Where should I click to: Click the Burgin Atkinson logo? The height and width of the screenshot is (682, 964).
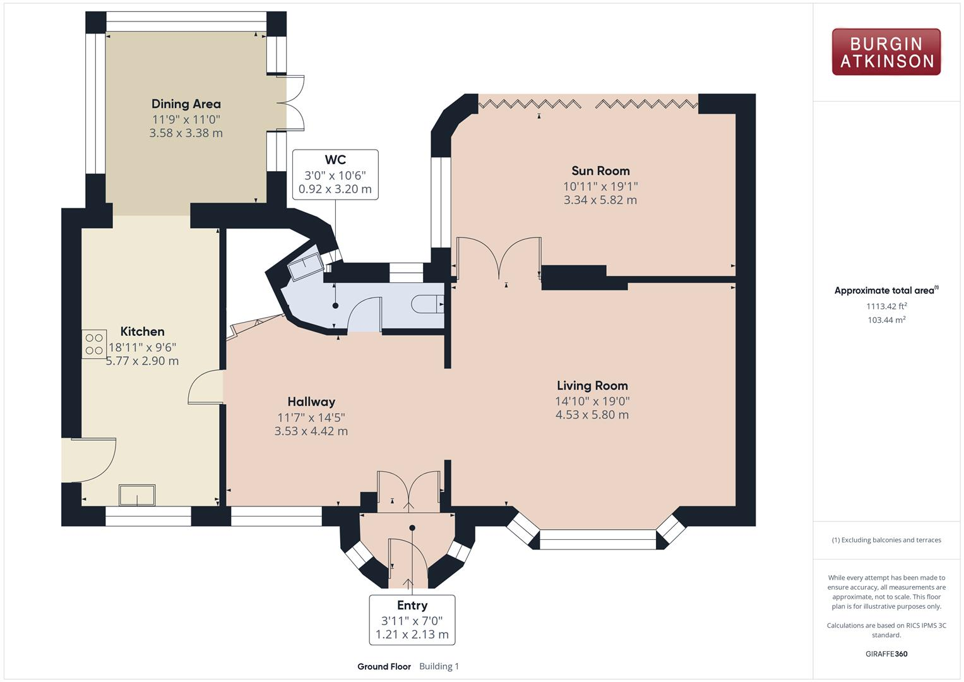(x=886, y=52)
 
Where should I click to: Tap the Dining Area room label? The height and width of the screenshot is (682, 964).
(x=186, y=104)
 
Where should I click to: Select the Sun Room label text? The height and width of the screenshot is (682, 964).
(x=600, y=170)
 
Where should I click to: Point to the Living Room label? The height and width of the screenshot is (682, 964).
(x=592, y=385)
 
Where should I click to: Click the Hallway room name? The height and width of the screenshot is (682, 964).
(x=311, y=402)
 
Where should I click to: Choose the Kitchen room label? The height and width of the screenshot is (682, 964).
(x=142, y=332)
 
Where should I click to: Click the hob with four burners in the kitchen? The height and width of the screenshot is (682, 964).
(x=94, y=345)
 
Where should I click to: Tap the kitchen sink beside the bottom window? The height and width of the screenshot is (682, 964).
(x=137, y=495)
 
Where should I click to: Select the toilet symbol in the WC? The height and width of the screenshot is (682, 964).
(x=427, y=305)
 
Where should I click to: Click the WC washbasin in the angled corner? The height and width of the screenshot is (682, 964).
(x=304, y=268)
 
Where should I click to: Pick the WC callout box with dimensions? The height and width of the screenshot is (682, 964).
(x=335, y=175)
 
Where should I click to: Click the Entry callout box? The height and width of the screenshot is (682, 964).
(x=412, y=619)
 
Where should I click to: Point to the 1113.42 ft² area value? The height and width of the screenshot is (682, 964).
(x=886, y=306)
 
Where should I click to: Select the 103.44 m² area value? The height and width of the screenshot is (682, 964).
(x=886, y=320)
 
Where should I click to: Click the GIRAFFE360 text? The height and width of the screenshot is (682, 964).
(x=886, y=654)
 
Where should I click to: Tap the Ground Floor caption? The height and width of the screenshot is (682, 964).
(x=384, y=666)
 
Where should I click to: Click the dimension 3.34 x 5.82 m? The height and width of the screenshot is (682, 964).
(x=600, y=200)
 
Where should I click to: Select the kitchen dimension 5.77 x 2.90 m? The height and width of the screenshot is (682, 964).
(x=142, y=361)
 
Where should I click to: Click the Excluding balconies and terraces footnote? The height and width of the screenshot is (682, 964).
(x=886, y=540)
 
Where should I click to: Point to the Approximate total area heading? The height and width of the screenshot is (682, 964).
(x=885, y=290)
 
